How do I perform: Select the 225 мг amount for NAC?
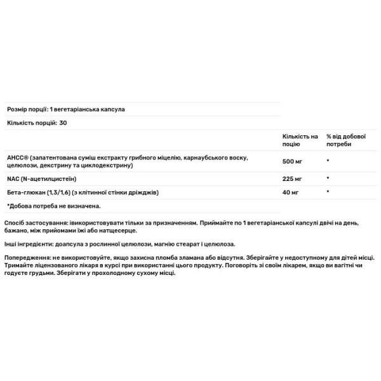pos(292,178)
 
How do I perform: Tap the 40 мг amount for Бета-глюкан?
pos(290,192)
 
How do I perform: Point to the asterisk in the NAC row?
pos(328,178)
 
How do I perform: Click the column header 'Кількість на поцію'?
pos(300,140)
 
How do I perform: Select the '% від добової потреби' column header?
pos(345,140)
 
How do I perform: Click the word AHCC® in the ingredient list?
pos(17,157)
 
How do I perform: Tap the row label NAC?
pos(13,178)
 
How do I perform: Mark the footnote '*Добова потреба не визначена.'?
pos(54,206)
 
